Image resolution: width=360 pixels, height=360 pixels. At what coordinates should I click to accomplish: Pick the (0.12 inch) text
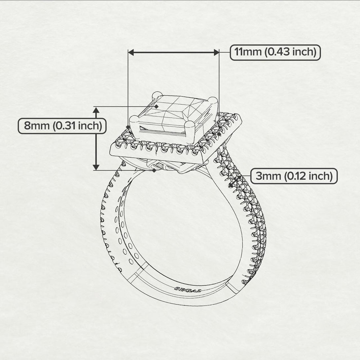[x=308, y=176]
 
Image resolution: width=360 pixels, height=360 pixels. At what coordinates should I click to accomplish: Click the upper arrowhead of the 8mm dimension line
[x=96, y=110]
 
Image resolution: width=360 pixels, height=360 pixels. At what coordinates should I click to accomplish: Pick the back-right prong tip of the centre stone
[x=214, y=100]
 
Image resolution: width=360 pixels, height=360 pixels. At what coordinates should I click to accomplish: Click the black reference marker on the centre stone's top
[x=157, y=106]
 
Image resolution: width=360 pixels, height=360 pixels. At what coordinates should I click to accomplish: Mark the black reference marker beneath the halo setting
[x=154, y=170]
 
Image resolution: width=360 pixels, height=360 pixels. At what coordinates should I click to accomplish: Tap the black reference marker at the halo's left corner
[x=128, y=127]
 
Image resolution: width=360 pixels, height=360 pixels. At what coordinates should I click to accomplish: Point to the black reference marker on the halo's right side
[x=219, y=134]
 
